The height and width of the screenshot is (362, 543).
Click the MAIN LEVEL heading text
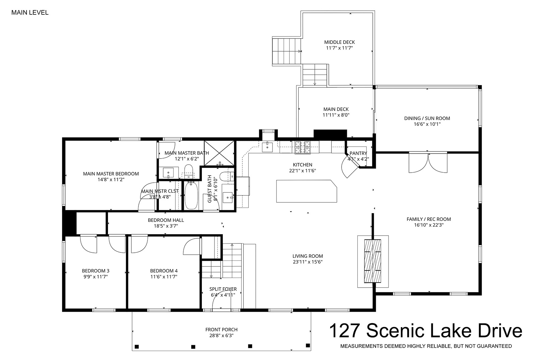[30, 12]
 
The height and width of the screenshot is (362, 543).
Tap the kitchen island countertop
[307, 191]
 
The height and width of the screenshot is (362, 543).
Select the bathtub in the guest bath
[191, 195]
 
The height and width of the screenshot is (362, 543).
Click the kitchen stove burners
[302, 147]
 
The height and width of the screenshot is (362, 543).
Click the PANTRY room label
[358, 153]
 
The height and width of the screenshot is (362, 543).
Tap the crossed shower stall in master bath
[220, 153]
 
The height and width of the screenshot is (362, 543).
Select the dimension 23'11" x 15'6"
[308, 262]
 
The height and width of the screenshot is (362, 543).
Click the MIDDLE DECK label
[339, 42]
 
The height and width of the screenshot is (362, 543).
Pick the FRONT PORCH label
[221, 330]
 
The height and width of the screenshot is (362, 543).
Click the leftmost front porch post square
[137, 347]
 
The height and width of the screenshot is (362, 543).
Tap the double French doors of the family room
[428, 163]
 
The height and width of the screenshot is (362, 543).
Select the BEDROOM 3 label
[96, 271]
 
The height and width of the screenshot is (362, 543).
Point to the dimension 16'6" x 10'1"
[427, 124]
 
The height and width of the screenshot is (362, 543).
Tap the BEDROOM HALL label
[166, 220]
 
